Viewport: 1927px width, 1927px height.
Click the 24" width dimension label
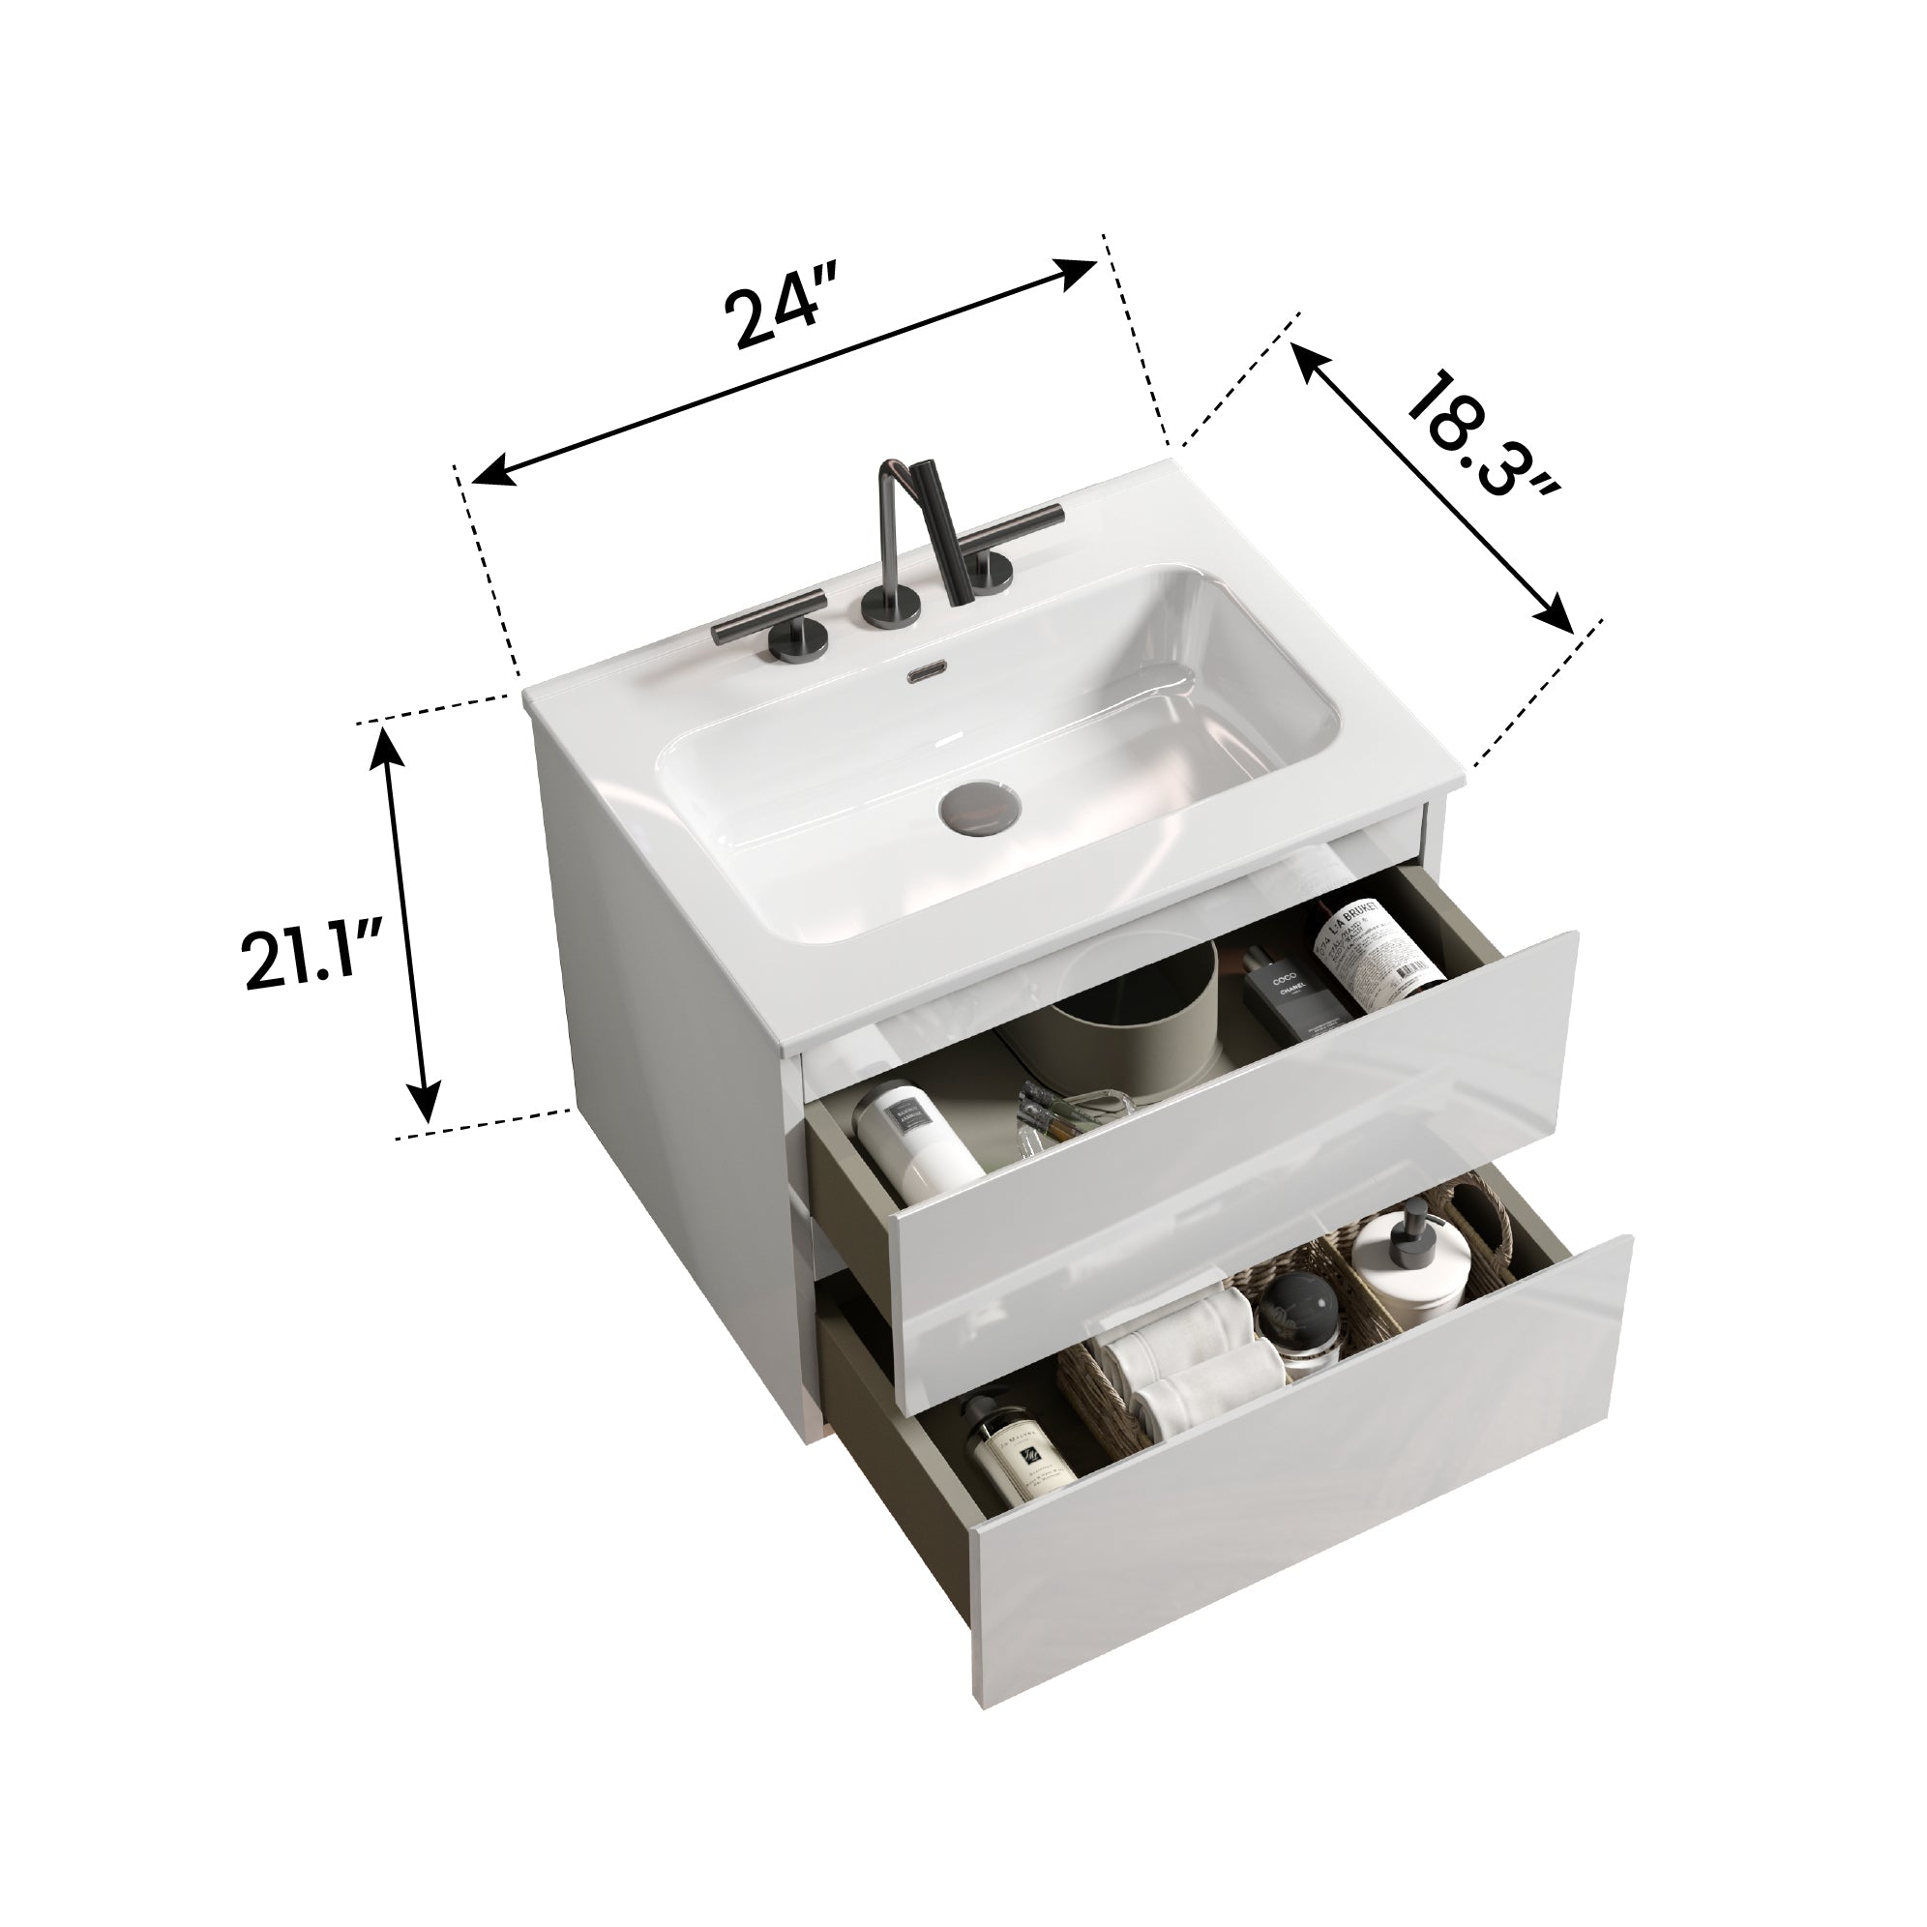pos(777,317)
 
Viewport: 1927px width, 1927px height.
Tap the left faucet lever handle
pos(768,615)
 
